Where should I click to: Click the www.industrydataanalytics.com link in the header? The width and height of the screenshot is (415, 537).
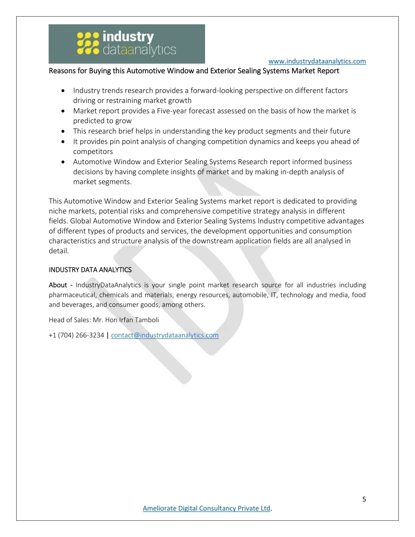pos(317,61)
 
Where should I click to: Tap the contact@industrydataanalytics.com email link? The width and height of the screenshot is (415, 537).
pos(165,335)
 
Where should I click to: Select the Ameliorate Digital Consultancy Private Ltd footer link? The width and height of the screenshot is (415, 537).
pos(207,508)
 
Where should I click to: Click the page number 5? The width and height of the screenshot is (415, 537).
pos(364,499)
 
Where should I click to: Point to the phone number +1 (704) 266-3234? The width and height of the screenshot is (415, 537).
pos(76,335)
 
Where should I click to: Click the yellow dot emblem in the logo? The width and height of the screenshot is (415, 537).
pos(88,44)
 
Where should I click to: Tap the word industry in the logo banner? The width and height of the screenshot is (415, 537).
pos(128,37)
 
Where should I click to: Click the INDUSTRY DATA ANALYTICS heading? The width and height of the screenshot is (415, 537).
pos(90,270)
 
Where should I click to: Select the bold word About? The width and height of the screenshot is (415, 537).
pos(58,285)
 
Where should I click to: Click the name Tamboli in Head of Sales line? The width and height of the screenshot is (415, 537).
pos(147,320)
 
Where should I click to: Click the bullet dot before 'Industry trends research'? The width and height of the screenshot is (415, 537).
pos(63,91)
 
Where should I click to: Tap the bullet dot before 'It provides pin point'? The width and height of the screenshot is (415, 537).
pos(63,141)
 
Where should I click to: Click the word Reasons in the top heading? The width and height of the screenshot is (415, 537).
pos(62,71)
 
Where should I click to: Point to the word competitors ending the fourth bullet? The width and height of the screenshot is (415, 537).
pos(93,152)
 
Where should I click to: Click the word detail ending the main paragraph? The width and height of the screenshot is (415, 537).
pos(59,251)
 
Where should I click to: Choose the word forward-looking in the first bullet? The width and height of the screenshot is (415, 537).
pos(216,91)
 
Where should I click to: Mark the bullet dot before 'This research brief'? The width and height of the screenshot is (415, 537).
pos(63,131)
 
